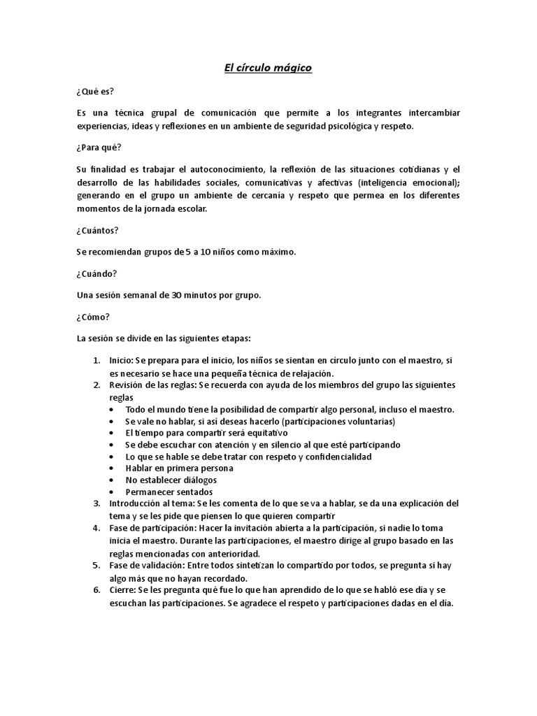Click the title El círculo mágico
(x=268, y=68)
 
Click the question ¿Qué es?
(x=95, y=91)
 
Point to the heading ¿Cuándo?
(x=96, y=273)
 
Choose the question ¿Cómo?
(x=94, y=317)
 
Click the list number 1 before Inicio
(x=96, y=361)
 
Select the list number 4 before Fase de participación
(x=96, y=528)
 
